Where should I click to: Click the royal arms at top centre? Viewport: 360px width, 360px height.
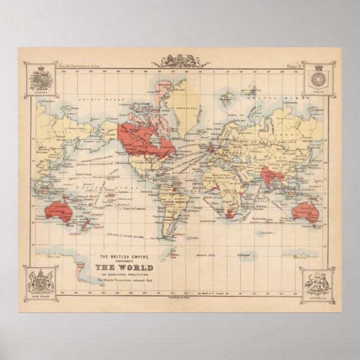(x=181, y=61)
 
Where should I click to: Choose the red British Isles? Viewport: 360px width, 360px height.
(x=209, y=148)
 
